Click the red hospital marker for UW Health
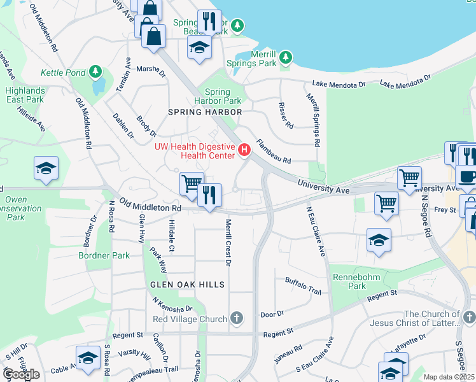[x=244, y=150]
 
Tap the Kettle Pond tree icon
[x=96, y=70]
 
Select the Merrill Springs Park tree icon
[x=286, y=57]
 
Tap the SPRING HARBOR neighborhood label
[x=205, y=112]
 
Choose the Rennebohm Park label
[x=349, y=281]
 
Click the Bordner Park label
[x=104, y=256]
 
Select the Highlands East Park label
[x=25, y=95]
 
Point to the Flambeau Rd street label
[x=273, y=152]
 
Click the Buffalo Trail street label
[x=303, y=285]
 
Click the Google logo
[x=21, y=374]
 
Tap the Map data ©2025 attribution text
[x=449, y=377]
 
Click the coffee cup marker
[x=466, y=176]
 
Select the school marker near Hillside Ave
[x=46, y=168]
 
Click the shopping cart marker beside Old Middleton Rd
[x=191, y=183]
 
